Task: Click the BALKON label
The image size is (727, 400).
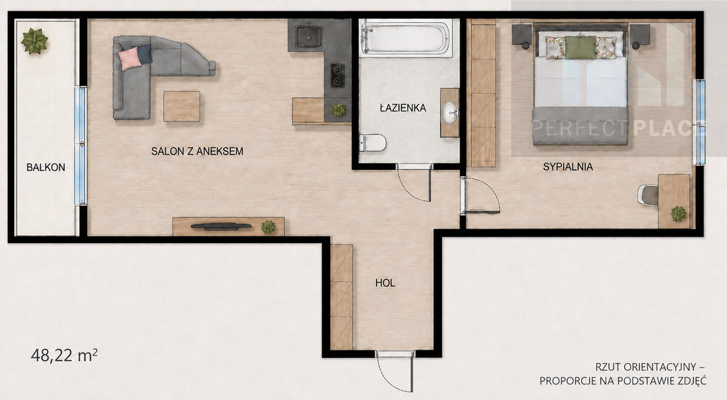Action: click(x=45, y=168)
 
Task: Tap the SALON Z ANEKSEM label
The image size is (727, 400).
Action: click(x=197, y=151)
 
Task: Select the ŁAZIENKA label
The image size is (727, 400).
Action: click(x=403, y=108)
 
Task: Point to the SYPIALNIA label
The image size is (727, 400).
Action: click(x=568, y=166)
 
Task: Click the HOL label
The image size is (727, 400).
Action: click(x=386, y=283)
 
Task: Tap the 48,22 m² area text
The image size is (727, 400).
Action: click(x=64, y=355)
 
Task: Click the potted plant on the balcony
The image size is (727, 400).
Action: click(x=34, y=40)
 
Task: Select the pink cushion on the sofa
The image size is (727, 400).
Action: click(x=129, y=58)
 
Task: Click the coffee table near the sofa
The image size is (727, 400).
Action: click(x=182, y=107)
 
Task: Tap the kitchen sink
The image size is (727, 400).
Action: click(x=309, y=37)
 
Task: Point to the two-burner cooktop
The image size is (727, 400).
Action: click(x=337, y=75)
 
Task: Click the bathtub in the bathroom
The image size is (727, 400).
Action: click(x=405, y=38)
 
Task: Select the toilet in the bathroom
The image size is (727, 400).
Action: click(x=373, y=143)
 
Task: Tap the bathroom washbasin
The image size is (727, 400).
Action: click(x=449, y=113)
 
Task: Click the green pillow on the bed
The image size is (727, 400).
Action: click(x=580, y=48)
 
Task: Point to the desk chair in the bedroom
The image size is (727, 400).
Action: click(x=648, y=195)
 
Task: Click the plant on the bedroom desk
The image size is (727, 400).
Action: click(x=678, y=214)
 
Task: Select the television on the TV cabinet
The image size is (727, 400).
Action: click(x=222, y=227)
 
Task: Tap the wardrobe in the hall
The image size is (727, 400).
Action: click(x=341, y=297)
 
